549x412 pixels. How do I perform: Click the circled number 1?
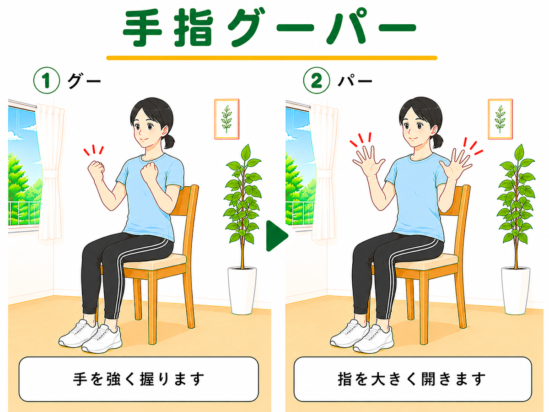point(47,80)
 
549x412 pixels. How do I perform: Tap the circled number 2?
point(317,80)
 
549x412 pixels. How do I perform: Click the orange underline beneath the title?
point(272,58)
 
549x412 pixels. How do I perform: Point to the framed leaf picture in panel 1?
point(226,119)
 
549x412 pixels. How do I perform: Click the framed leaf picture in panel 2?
point(500,119)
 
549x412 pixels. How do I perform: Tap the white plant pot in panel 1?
point(242,291)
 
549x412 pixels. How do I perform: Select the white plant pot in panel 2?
point(516,291)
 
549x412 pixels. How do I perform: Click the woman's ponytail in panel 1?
point(169,141)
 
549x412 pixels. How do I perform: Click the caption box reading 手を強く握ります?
point(139,379)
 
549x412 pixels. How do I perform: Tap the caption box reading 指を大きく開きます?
point(413,379)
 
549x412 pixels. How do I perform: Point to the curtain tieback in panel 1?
point(51,174)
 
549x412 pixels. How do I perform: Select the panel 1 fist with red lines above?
point(96,170)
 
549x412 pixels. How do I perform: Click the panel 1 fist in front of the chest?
point(149,173)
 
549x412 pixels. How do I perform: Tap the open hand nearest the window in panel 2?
point(368,162)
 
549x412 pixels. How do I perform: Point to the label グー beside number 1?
point(84,81)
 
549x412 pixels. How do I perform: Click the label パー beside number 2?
point(355,80)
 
